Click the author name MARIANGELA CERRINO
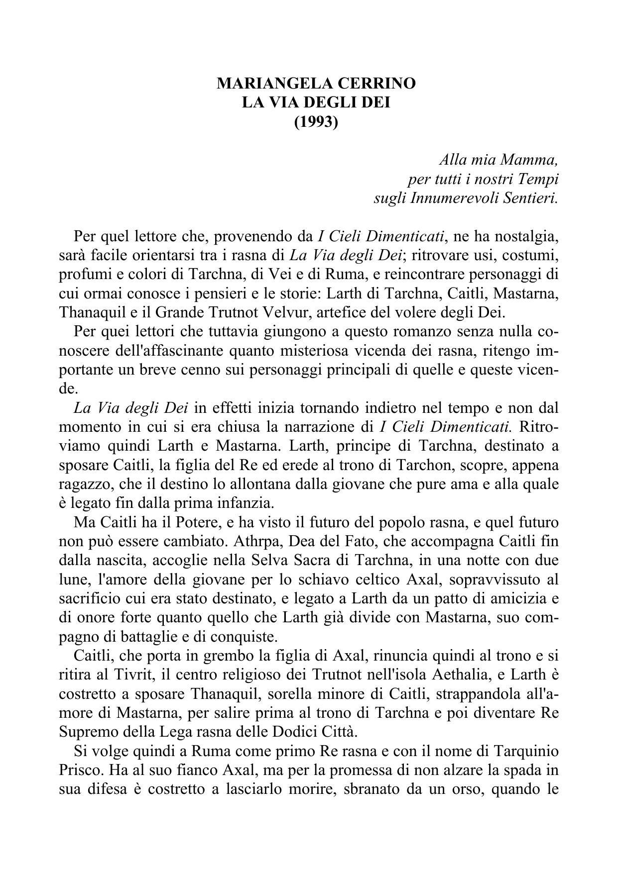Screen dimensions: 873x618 [x=316, y=84]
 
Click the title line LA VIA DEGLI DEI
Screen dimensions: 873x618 [x=316, y=102]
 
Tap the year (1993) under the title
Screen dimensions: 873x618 [x=316, y=121]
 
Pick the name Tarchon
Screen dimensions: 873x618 [x=420, y=465]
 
